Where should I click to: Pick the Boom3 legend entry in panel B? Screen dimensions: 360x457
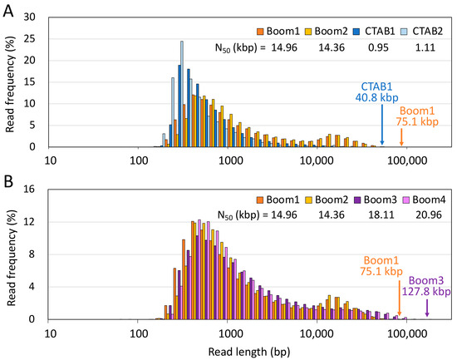[x=366, y=200]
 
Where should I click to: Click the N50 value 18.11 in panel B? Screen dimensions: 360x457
[x=370, y=215]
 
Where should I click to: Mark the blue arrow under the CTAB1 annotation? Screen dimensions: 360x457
[x=382, y=125]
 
